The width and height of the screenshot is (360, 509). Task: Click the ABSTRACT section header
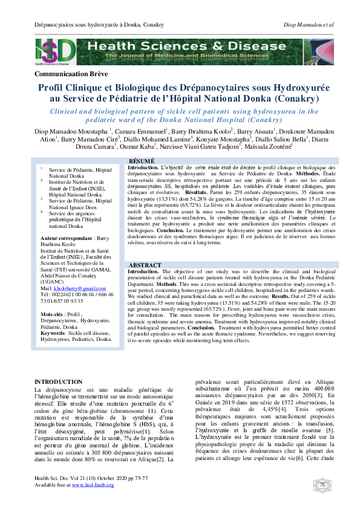[146, 265]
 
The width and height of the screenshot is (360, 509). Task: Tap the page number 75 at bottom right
[322, 485]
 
